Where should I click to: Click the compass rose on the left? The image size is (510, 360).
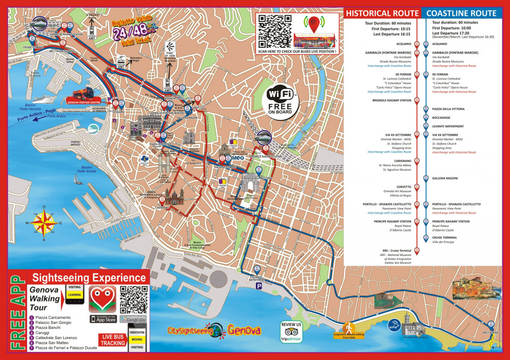[x=44, y=223]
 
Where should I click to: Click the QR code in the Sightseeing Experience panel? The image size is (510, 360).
[x=134, y=300]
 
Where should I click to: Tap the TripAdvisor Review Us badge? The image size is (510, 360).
[x=291, y=331]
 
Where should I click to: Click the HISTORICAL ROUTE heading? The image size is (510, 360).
[x=382, y=13]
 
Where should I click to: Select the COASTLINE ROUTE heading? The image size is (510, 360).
[x=461, y=13]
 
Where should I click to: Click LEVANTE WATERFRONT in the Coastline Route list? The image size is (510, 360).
[x=447, y=126]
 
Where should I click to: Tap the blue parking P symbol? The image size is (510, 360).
[x=258, y=287]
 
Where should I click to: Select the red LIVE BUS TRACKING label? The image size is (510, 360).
[x=114, y=340]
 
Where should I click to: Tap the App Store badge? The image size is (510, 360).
[x=103, y=319]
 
